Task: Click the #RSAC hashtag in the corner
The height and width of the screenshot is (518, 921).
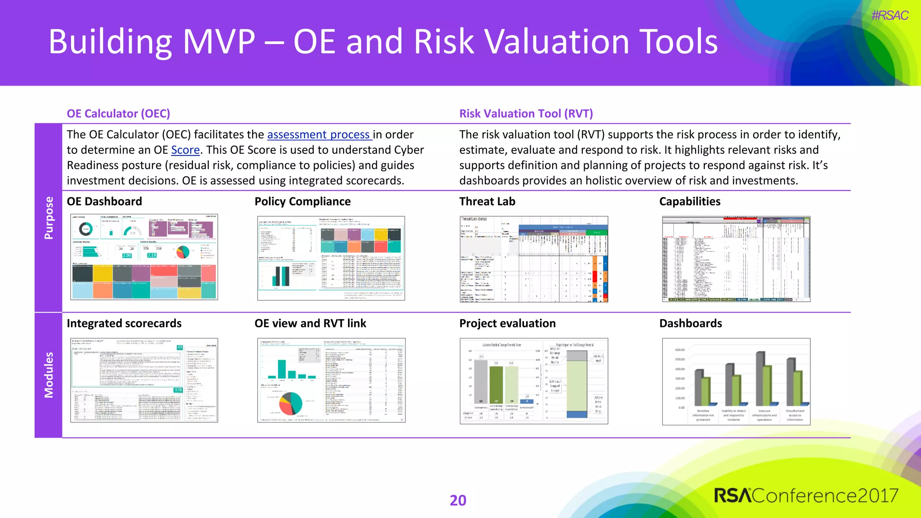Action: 890,16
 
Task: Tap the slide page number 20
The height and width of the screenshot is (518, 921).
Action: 458,500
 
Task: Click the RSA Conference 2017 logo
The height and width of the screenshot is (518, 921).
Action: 806,496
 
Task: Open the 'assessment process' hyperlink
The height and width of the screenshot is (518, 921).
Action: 319,134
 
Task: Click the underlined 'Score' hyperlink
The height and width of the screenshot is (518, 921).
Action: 185,150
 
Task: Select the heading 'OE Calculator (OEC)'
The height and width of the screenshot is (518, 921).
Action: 118,113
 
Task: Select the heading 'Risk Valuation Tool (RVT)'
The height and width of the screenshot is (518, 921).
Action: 526,113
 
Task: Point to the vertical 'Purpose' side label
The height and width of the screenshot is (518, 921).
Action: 49,218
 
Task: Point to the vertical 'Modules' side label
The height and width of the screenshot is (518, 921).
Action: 49,375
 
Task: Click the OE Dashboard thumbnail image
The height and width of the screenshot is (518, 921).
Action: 144,257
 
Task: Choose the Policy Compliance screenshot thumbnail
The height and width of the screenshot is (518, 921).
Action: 331,258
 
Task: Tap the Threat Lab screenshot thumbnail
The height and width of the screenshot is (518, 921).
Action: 534,259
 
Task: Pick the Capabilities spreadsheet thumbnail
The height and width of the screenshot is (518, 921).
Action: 736,259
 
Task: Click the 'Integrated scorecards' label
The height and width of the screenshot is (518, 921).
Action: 124,323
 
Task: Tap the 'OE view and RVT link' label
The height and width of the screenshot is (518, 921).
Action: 310,323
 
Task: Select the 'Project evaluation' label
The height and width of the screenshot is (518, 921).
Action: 507,323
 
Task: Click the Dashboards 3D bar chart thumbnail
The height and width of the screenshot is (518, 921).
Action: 736,381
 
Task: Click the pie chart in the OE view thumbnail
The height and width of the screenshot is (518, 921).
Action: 291,403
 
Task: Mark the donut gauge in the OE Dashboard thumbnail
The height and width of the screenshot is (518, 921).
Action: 85,229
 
